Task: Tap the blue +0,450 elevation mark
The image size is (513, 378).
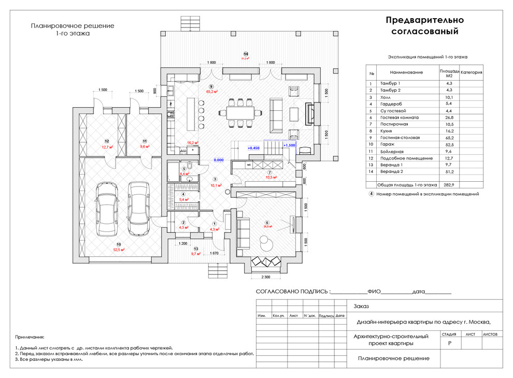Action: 253,148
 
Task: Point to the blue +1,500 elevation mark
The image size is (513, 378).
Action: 289,146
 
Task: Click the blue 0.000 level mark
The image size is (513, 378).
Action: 219,160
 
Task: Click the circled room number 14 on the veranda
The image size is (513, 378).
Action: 246,54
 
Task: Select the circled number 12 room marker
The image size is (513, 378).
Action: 107,141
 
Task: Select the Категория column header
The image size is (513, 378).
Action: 472,72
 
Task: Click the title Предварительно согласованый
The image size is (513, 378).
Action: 424,26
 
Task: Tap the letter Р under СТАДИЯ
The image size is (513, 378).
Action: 449,343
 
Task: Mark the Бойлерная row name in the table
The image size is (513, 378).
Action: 391,151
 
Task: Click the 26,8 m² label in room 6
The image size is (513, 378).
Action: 267,226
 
